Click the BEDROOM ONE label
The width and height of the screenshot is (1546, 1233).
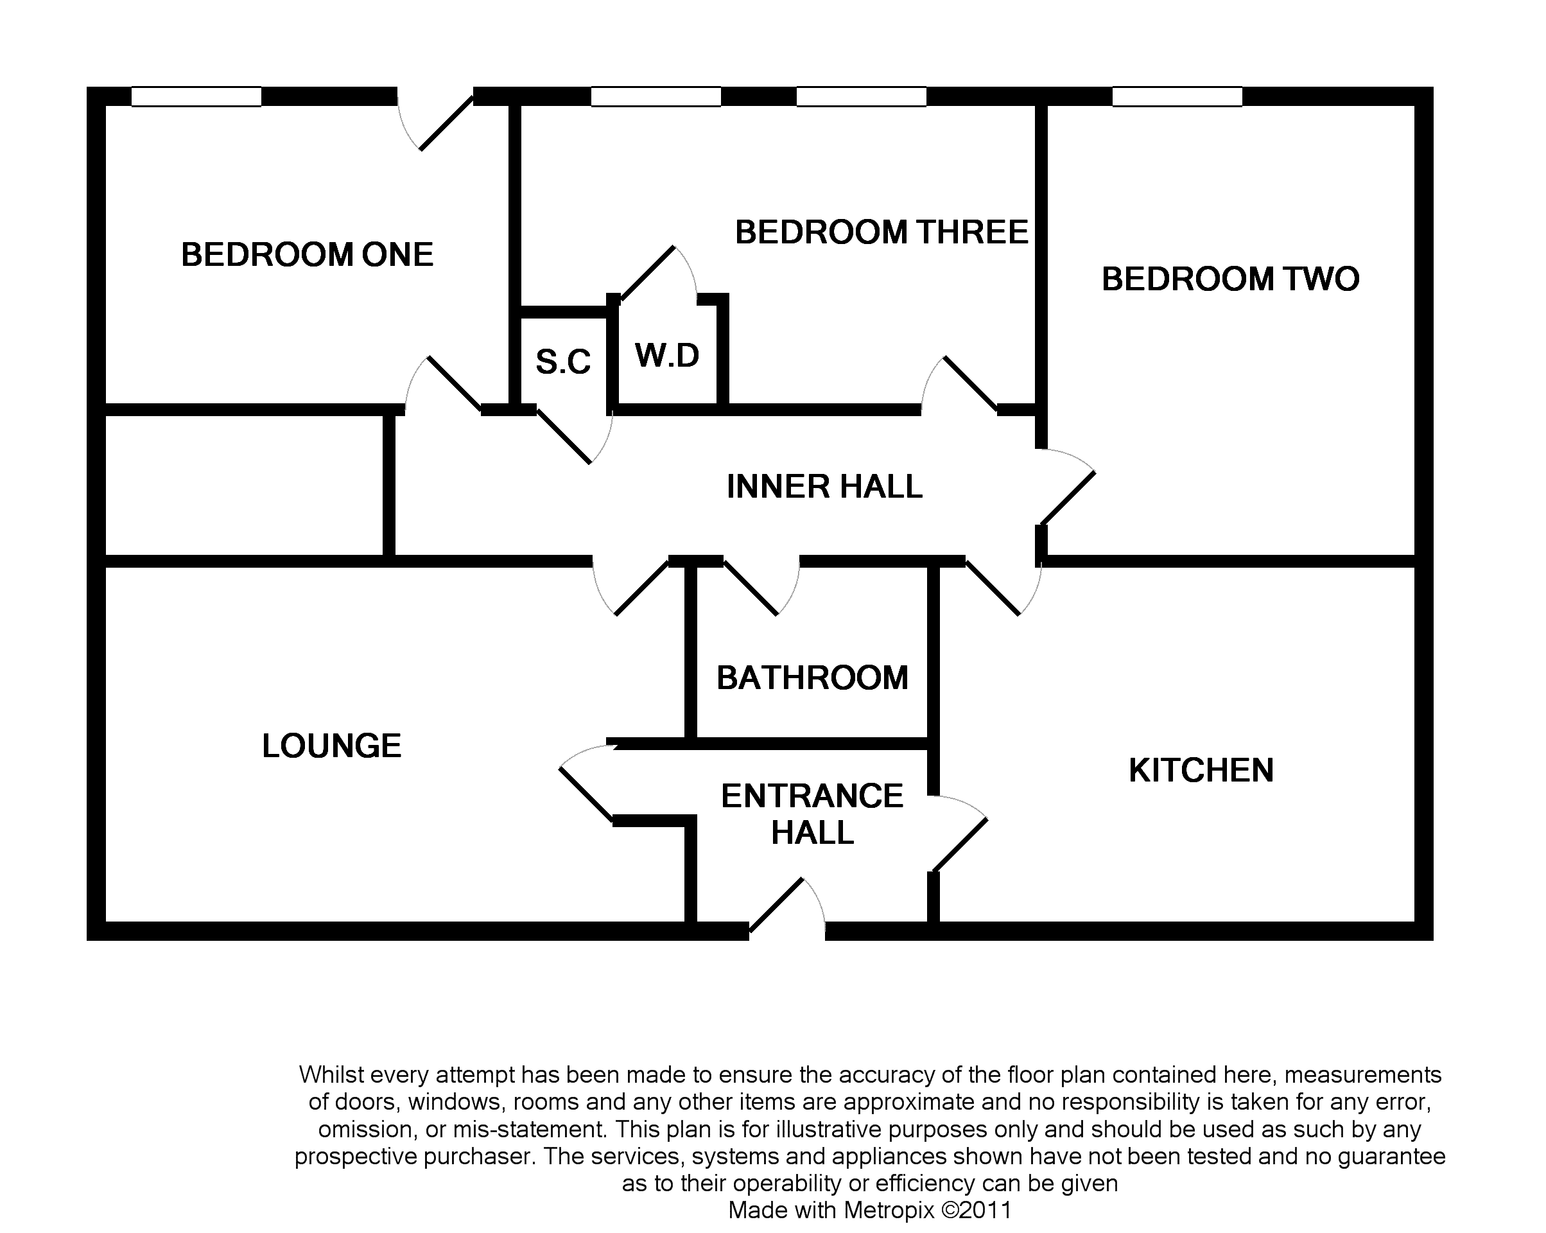(307, 255)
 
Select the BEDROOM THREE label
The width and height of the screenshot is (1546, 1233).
(882, 232)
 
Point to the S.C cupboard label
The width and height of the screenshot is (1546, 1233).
(563, 362)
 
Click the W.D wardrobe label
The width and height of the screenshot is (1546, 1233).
(667, 355)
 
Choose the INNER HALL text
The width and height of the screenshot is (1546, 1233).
(824, 486)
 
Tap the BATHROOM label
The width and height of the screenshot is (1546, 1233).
(812, 678)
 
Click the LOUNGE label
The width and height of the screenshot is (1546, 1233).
(331, 746)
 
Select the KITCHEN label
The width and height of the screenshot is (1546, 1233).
(1201, 771)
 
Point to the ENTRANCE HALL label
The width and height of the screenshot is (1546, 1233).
(812, 814)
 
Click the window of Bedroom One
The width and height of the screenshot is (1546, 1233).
(196, 97)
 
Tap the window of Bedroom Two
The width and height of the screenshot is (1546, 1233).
(1177, 97)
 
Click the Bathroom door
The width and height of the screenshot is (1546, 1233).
(760, 587)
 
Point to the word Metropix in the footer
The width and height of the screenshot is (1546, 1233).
(889, 1210)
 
